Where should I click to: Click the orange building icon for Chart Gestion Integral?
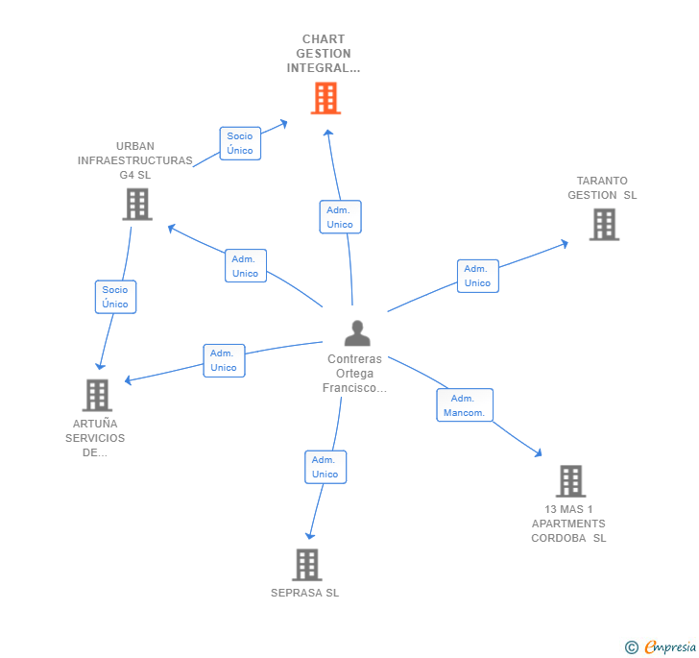click(325, 98)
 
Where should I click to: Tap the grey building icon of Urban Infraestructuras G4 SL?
click(137, 204)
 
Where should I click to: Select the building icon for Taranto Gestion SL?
click(603, 224)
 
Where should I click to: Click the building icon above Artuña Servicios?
click(97, 394)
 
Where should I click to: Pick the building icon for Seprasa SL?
click(306, 565)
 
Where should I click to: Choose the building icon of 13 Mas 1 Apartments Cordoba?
click(570, 480)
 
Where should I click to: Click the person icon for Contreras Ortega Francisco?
click(356, 333)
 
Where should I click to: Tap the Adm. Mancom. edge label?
click(465, 405)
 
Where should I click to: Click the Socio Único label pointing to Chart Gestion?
click(240, 143)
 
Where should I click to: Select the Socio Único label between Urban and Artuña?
click(115, 297)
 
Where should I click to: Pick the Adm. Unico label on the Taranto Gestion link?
click(477, 276)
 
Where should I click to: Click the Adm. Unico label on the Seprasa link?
click(325, 467)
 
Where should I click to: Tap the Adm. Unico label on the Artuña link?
click(224, 360)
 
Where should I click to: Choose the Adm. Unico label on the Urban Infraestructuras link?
click(245, 266)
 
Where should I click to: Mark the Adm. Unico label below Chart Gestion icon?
click(340, 217)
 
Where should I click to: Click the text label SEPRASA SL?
click(305, 593)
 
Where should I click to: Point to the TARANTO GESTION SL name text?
click(602, 187)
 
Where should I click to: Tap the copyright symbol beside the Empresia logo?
click(632, 647)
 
